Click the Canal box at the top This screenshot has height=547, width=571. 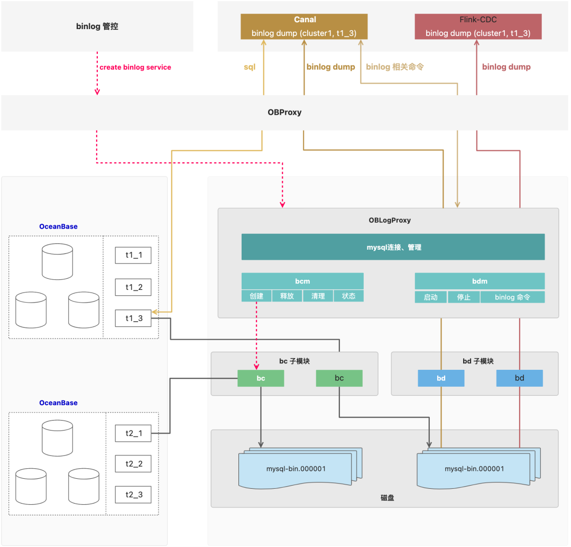(x=304, y=26)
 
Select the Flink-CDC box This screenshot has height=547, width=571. (x=478, y=26)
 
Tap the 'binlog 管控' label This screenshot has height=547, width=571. (x=97, y=26)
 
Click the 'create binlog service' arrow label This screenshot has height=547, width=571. (x=135, y=67)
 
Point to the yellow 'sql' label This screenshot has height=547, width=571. (x=250, y=67)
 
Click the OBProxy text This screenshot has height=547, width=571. (x=284, y=113)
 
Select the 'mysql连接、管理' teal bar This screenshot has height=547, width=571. (x=393, y=247)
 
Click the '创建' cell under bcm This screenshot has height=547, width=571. (x=256, y=296)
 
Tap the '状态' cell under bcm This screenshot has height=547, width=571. (x=348, y=296)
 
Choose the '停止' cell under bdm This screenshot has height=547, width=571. (x=463, y=297)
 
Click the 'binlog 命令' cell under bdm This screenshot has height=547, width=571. (x=512, y=297)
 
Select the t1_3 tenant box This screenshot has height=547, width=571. (x=133, y=319)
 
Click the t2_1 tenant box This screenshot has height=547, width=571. (x=133, y=433)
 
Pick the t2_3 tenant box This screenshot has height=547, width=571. (x=133, y=495)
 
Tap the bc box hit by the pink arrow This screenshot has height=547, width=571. (x=261, y=378)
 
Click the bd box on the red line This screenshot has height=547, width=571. (x=519, y=378)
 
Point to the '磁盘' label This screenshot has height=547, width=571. (x=387, y=498)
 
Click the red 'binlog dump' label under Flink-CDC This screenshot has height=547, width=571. (x=506, y=67)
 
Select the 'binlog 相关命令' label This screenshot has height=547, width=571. (x=395, y=67)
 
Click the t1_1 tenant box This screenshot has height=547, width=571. (x=133, y=256)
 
